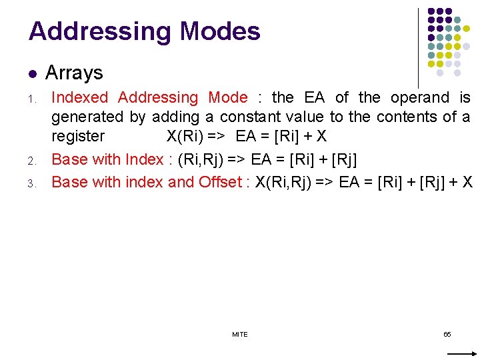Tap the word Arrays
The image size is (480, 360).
coord(74,73)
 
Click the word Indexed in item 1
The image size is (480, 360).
coord(79,97)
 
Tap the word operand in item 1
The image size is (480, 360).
coord(419,97)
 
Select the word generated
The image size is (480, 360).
coord(87,117)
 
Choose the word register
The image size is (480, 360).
coord(78,137)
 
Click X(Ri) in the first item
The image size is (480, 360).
coord(187,137)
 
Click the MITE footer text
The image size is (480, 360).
coord(240,334)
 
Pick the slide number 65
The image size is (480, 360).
coord(447,334)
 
